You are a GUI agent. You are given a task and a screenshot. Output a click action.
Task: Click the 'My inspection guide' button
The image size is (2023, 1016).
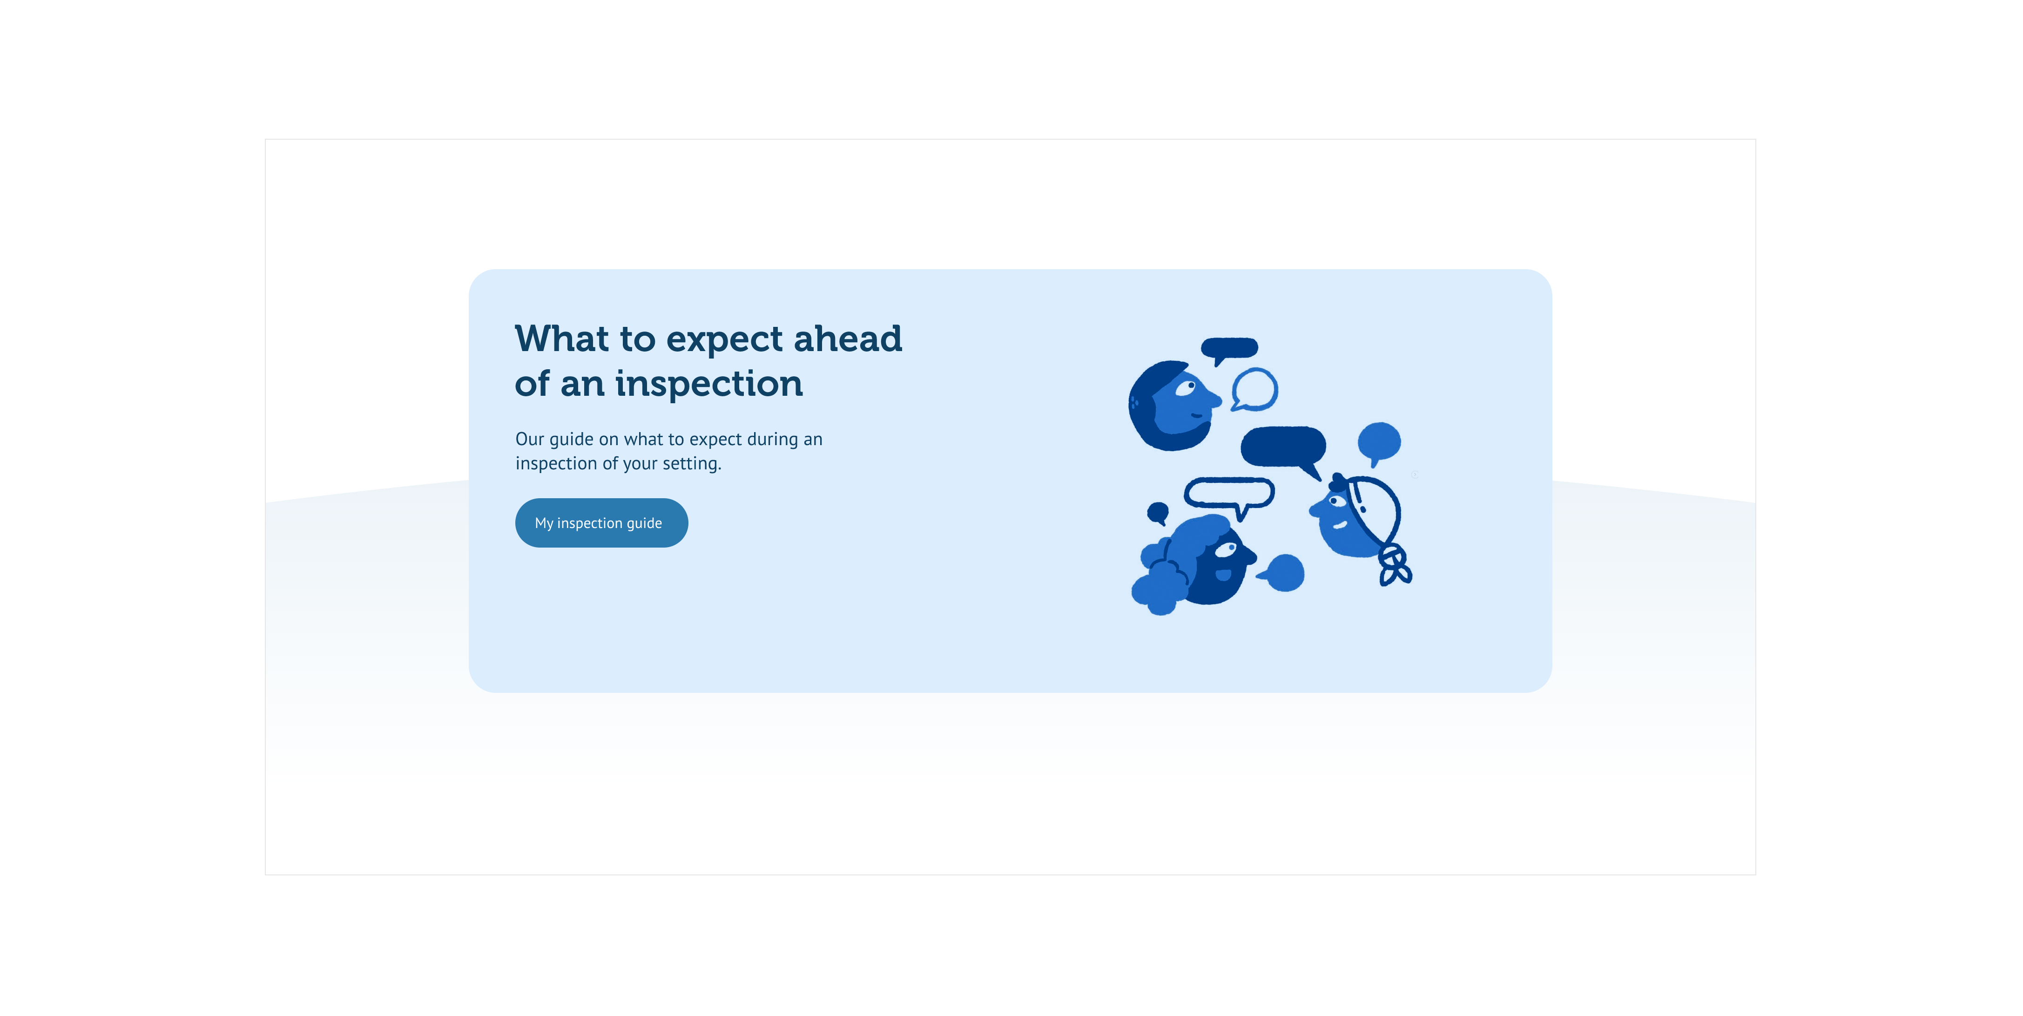(x=601, y=522)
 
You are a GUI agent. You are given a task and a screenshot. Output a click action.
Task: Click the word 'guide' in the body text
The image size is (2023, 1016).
(x=571, y=440)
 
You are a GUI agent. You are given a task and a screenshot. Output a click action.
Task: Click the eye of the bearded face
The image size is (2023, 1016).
(x=1186, y=387)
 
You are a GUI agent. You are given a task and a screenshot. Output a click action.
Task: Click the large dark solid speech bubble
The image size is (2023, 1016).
(x=1283, y=449)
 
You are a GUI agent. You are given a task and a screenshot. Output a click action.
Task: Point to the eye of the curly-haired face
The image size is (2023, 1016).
(x=1226, y=550)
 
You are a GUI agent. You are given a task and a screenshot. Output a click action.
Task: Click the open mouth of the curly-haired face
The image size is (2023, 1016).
(x=1224, y=575)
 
